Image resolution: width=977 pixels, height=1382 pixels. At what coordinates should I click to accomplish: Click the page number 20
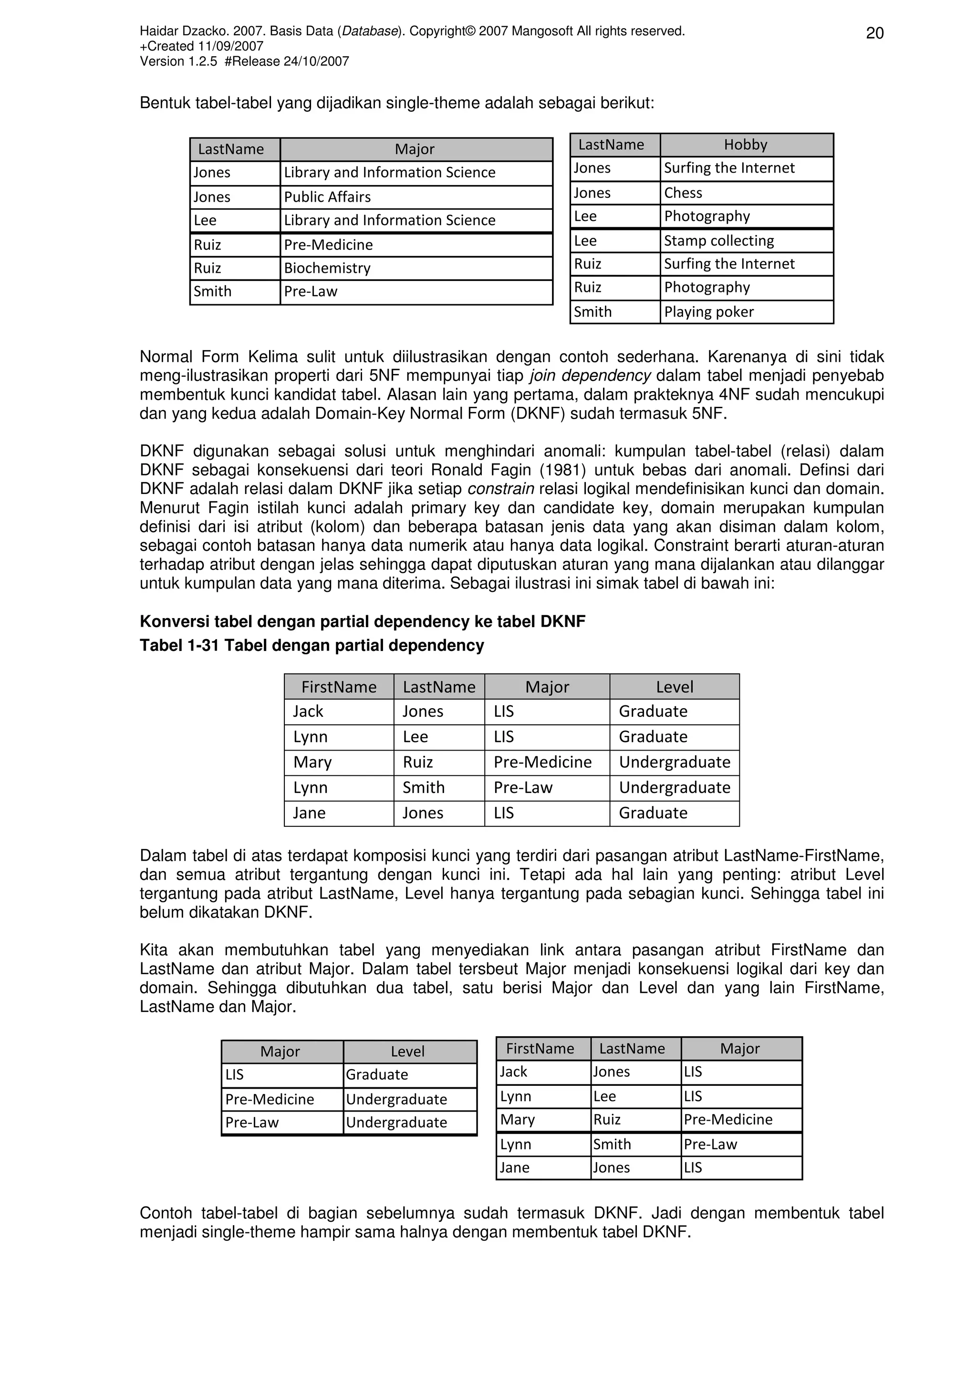click(874, 33)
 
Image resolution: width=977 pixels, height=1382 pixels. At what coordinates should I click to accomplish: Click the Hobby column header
click(745, 144)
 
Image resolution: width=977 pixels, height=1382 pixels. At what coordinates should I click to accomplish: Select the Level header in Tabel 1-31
click(674, 687)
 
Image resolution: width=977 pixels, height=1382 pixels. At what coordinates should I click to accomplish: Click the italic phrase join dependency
click(590, 376)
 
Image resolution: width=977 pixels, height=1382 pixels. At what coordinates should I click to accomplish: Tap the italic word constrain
click(500, 489)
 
